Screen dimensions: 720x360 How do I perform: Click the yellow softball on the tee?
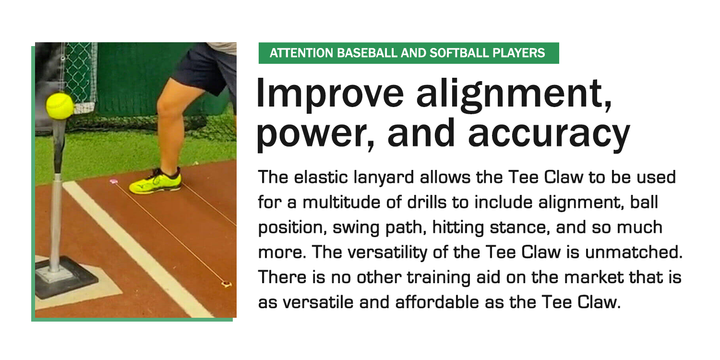click(60, 106)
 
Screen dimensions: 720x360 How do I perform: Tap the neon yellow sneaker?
click(155, 182)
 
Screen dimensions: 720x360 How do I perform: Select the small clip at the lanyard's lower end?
click(227, 284)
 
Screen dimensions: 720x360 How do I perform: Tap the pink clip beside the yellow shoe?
click(113, 181)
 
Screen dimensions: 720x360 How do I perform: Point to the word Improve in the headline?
click(330, 94)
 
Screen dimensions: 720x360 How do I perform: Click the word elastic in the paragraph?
click(321, 178)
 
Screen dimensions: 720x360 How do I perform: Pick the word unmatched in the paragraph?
click(634, 252)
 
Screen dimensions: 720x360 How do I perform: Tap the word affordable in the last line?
click(437, 302)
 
